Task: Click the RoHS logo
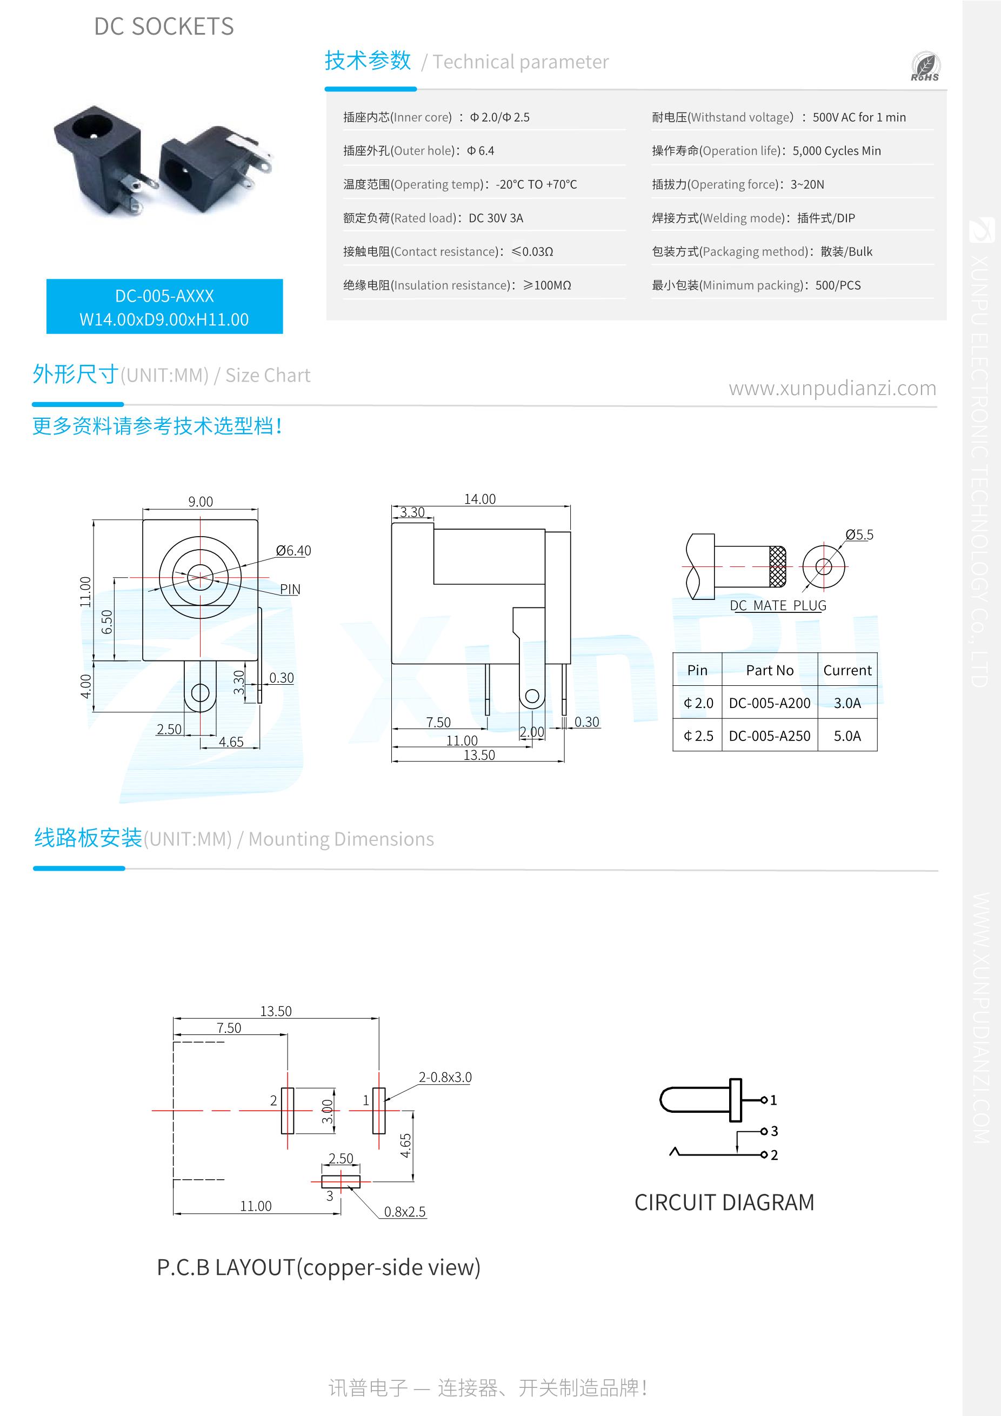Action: [925, 67]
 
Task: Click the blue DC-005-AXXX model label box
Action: [164, 306]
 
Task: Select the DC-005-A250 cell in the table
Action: [769, 736]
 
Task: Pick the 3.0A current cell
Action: [847, 703]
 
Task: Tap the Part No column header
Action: [769, 670]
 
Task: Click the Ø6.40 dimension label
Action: [293, 551]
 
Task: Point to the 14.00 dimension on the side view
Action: [480, 499]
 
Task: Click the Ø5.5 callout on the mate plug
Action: [859, 535]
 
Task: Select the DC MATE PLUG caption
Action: [778, 606]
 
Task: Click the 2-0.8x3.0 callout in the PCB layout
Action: [445, 1078]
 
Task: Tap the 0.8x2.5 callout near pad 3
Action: [405, 1212]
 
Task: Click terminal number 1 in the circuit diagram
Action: [773, 1100]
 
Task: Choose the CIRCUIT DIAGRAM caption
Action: [724, 1203]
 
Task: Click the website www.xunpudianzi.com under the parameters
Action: [832, 389]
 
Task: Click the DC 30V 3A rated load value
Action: [496, 218]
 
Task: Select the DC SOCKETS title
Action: [164, 26]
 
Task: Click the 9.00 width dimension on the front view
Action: [201, 502]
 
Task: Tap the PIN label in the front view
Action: [290, 589]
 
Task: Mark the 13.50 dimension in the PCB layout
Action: [276, 1011]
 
